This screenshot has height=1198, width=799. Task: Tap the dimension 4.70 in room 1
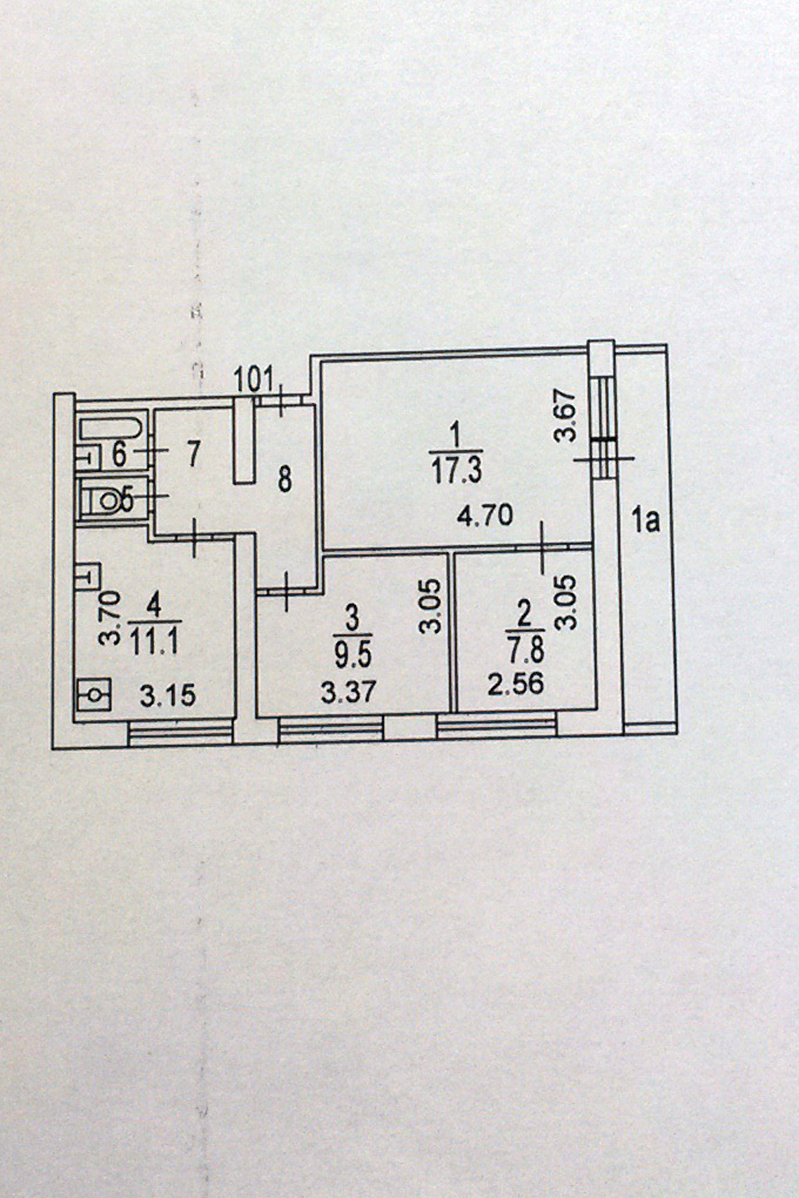click(484, 517)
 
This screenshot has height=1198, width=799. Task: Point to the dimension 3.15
click(168, 696)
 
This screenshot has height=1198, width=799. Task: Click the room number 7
click(193, 454)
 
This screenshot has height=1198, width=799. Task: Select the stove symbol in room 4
click(94, 694)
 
